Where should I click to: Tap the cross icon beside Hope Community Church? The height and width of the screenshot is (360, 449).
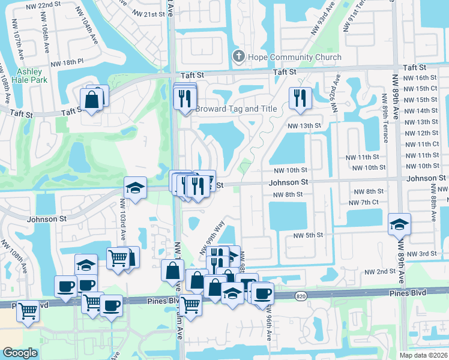238,58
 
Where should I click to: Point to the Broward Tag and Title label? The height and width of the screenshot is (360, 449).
236,109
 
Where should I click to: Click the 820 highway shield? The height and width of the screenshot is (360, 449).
301,296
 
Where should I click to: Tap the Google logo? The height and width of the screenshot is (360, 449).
20,353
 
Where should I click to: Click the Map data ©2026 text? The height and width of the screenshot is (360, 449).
423,355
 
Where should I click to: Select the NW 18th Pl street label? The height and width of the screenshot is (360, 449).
67,62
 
